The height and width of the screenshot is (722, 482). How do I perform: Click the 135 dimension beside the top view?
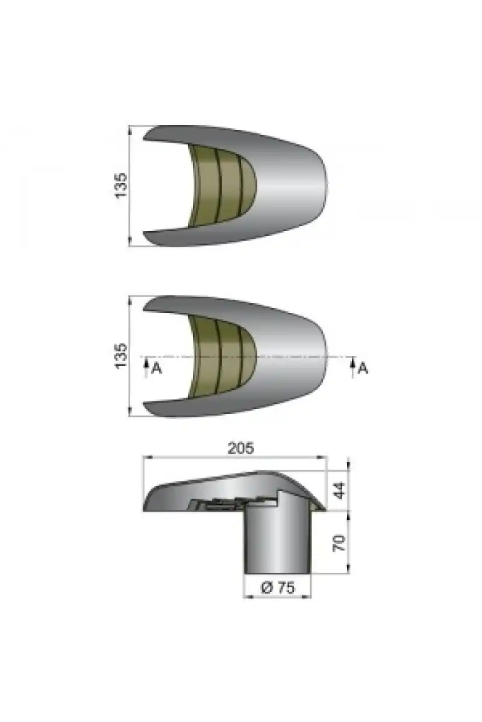[121, 186]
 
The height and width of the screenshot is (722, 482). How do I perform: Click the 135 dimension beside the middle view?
[121, 356]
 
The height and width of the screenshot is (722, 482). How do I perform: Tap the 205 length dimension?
[241, 448]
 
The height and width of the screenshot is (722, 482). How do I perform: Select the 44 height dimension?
[339, 490]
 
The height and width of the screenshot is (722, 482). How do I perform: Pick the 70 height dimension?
[339, 543]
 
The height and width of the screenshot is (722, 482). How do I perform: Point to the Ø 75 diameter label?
[278, 588]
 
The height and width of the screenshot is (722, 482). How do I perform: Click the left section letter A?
[157, 368]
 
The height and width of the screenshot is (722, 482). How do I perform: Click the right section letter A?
[363, 368]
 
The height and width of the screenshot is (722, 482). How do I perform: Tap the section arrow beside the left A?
[146, 367]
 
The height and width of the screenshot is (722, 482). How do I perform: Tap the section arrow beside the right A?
[352, 367]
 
